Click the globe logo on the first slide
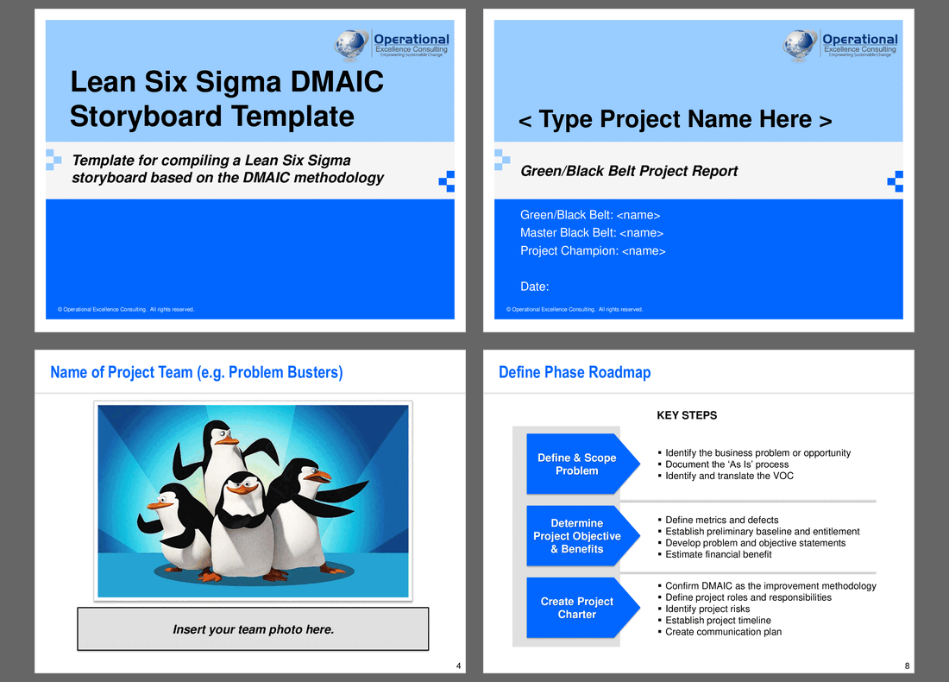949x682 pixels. point(351,45)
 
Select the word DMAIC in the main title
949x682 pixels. point(336,82)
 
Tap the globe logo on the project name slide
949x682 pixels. point(800,45)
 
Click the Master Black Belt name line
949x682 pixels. point(591,232)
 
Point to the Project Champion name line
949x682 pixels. point(593,250)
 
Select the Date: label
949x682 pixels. point(534,287)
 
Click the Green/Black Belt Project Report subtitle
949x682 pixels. point(629,171)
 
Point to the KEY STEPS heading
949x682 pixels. point(687,415)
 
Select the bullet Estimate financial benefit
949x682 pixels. point(718,554)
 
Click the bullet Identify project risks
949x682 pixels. point(707,609)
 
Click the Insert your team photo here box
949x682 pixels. point(253,629)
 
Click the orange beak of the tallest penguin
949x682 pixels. point(228,441)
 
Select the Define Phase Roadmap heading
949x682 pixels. point(575,372)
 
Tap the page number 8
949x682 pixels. point(907,666)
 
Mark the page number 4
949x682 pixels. point(458,666)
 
